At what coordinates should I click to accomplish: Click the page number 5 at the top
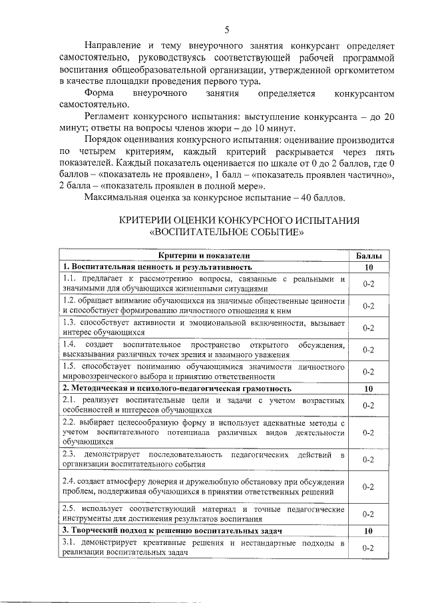[226, 30]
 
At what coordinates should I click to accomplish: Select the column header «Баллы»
[368, 256]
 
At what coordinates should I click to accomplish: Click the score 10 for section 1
[368, 267]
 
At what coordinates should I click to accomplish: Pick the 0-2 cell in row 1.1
[368, 284]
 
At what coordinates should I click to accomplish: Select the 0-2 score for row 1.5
[368, 371]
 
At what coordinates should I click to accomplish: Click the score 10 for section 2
[368, 388]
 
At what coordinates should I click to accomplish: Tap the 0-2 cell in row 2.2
[368, 432]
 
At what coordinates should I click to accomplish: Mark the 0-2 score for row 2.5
[368, 514]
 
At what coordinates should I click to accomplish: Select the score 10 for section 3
[368, 530]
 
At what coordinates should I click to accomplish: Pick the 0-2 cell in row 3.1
[368, 548]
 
